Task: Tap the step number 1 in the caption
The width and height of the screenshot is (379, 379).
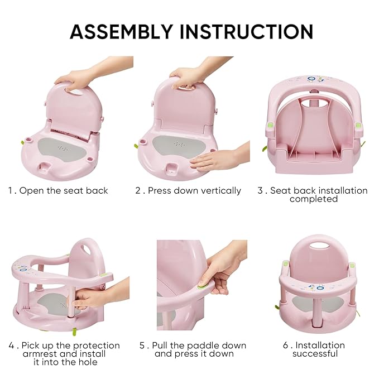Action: tap(10, 190)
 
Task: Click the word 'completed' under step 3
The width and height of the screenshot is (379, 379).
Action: tap(313, 199)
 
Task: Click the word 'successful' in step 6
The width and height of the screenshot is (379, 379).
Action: tap(316, 353)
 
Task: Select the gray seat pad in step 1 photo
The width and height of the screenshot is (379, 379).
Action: tap(61, 149)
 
